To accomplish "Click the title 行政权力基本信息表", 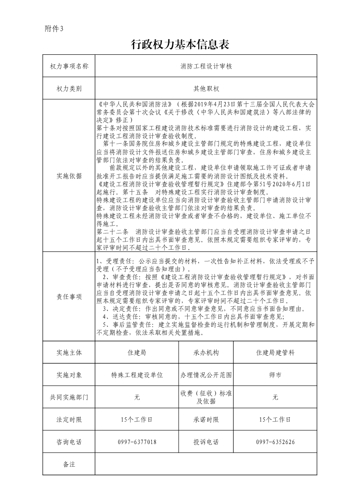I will click(180, 44).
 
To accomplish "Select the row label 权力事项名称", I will click(69, 66).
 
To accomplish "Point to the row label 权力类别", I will click(69, 88).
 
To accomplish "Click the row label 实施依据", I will click(69, 175).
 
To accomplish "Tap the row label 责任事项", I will click(69, 297).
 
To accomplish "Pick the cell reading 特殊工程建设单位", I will click(137, 375).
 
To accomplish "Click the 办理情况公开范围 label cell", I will click(206, 375).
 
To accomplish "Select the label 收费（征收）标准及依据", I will click(206, 397).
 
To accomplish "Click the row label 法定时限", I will click(69, 420).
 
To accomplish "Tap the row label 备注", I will click(69, 464).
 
